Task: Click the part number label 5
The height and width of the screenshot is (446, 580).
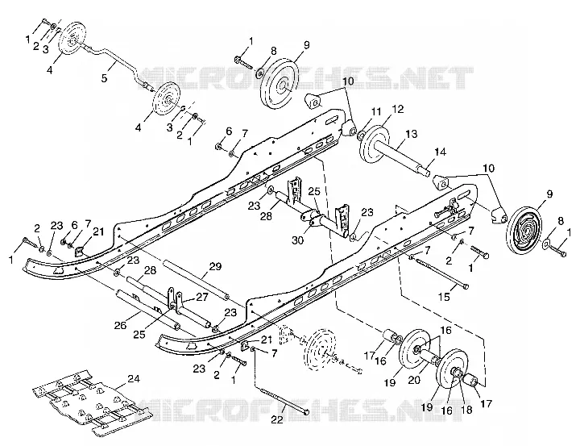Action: pos(105,78)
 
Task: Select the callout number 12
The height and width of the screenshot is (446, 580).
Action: pos(398,110)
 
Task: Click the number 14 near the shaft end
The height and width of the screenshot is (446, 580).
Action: pos(440,152)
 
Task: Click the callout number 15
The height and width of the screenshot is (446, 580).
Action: pos(444,297)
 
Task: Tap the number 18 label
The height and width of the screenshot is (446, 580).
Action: pos(467,410)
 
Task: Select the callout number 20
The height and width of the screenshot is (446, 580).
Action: pos(415,379)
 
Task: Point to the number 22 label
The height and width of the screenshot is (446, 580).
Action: pos(276,419)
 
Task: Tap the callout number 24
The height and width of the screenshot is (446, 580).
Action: pos(134,379)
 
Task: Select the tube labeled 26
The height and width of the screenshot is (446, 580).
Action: pos(148,310)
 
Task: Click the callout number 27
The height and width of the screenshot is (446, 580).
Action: pos(202,297)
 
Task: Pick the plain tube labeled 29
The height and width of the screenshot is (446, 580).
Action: pos(199,281)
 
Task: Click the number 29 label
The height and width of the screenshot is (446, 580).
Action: pos(215,266)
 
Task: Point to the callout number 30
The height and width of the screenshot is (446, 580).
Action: pos(297,240)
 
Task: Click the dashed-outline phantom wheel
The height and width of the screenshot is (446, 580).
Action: pos(321,350)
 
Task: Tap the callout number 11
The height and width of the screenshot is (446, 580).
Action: pos(376,111)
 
